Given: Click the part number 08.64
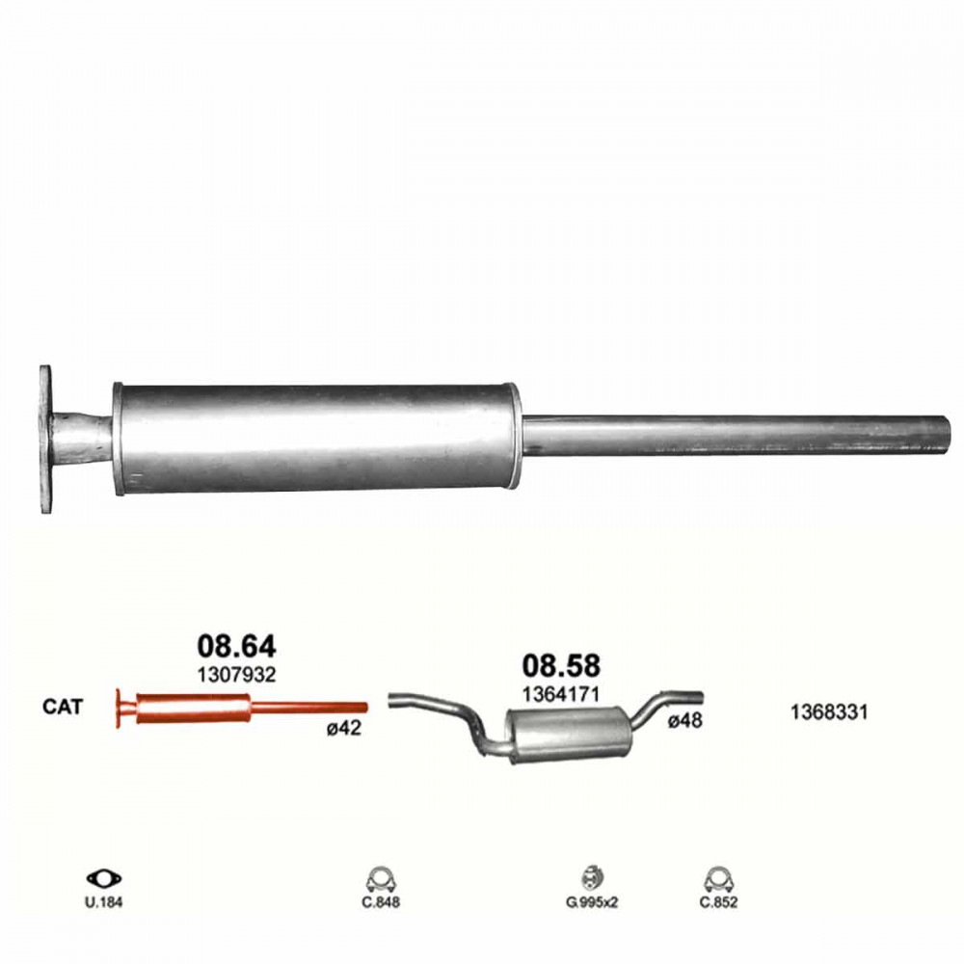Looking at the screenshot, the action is (237, 646).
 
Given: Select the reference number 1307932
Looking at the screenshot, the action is (236, 675).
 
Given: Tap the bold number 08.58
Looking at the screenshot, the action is (561, 666).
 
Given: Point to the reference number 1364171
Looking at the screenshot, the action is (561, 695).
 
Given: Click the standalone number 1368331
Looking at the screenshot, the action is (829, 712).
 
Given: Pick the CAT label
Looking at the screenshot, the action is (62, 707).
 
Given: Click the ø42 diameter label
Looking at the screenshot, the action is (344, 729).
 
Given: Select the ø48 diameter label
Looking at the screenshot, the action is (685, 720).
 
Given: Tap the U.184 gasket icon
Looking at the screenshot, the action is (104, 878).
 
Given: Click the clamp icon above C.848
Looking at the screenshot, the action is (381, 880).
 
